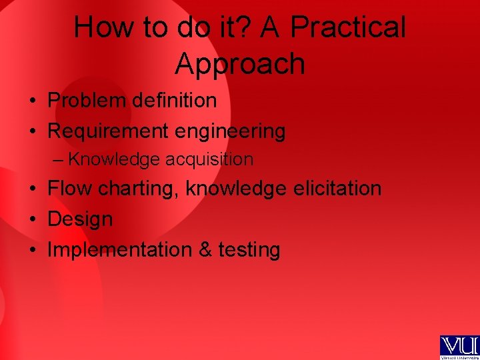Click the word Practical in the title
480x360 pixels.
348,29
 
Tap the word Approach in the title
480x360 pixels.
240,64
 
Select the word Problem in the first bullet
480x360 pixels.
87,101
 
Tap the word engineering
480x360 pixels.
229,132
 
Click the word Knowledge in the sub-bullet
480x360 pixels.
114,160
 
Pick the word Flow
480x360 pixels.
70,189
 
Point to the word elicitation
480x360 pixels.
337,189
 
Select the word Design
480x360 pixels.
80,220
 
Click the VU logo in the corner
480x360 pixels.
459,347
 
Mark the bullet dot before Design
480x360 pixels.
32,219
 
